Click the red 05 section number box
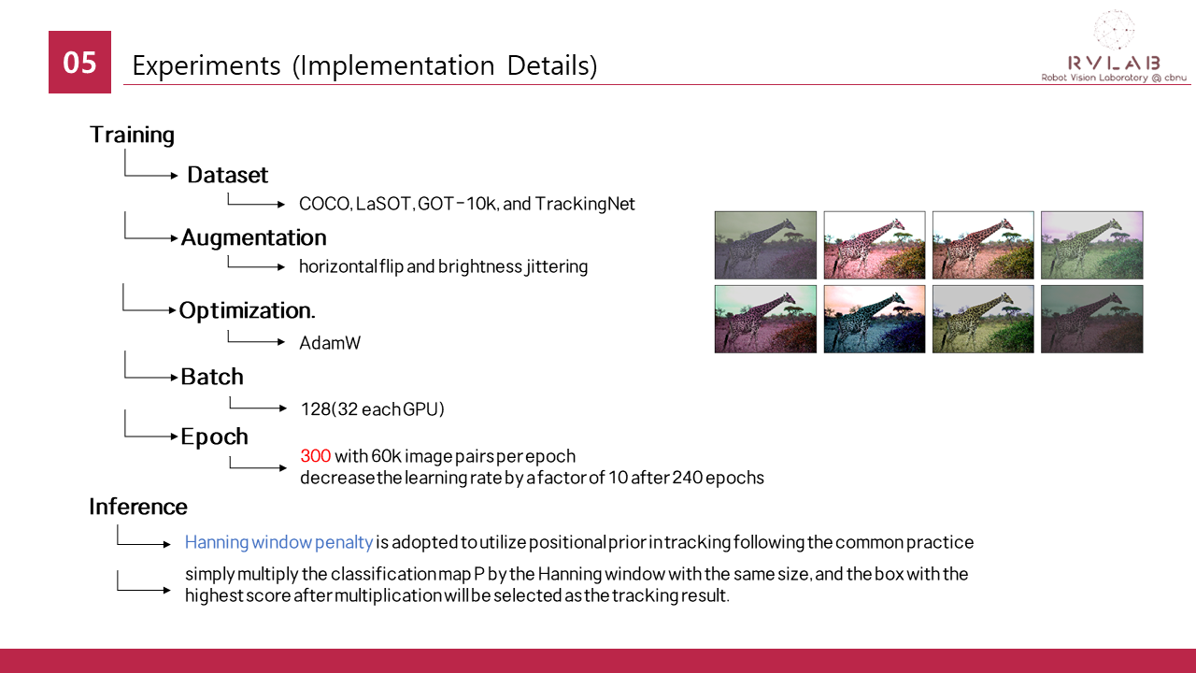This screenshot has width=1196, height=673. (79, 62)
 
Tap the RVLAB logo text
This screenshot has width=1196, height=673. (1114, 63)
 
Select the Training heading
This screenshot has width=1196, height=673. (132, 135)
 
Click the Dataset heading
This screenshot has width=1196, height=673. (227, 175)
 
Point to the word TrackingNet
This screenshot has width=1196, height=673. (585, 204)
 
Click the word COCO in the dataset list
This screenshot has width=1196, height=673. (324, 204)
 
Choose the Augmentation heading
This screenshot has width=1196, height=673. (253, 237)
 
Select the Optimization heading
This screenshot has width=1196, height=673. (247, 310)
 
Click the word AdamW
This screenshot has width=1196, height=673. (330, 343)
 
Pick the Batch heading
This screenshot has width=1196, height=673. (212, 377)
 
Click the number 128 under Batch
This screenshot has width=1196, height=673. (316, 409)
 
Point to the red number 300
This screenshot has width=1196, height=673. (316, 456)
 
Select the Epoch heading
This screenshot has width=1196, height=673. (214, 437)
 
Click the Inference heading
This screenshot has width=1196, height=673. (138, 507)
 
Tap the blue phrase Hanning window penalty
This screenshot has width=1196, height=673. (278, 542)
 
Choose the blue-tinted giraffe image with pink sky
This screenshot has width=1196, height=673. (874, 319)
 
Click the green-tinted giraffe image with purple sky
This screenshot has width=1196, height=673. (1092, 245)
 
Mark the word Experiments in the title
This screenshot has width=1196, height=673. (206, 65)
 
